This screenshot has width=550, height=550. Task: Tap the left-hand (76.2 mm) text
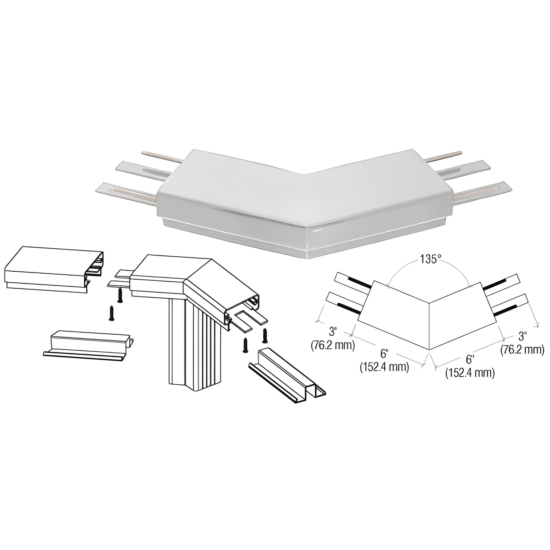coord(333,345)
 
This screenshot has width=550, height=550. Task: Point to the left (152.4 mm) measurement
coord(384,367)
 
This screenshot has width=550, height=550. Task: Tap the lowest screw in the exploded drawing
coord(244,345)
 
